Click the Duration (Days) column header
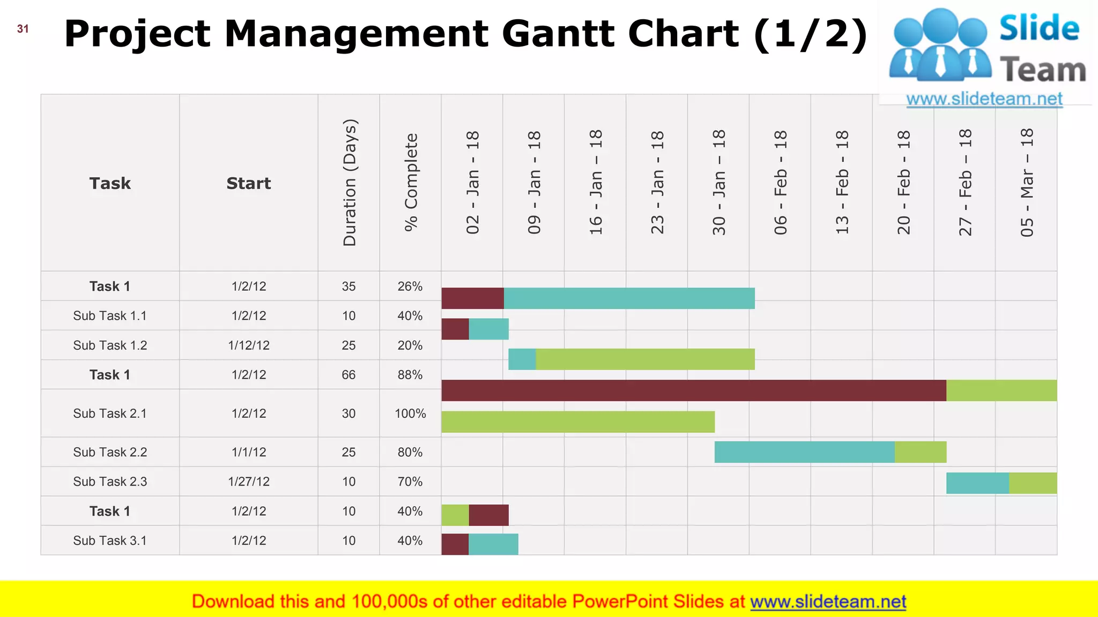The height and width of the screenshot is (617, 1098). point(349,183)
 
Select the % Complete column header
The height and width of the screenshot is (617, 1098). point(411,183)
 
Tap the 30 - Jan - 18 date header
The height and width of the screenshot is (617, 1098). point(718,183)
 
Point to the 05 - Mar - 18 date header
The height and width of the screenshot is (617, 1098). point(1026,183)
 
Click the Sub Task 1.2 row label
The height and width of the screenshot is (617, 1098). point(110,345)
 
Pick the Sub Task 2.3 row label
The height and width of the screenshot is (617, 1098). point(110,482)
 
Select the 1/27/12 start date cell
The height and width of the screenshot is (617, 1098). point(249,482)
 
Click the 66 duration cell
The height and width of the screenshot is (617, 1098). point(348,375)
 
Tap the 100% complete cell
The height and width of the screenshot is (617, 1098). point(410,413)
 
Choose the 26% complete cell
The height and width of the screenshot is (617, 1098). point(410,287)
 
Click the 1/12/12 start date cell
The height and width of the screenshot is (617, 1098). point(249,345)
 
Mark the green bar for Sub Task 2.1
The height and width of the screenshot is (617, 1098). point(578,422)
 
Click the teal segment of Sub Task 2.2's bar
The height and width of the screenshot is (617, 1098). point(804,452)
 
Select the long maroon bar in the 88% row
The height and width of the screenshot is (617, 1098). point(694,390)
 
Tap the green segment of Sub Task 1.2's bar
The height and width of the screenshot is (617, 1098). point(645,359)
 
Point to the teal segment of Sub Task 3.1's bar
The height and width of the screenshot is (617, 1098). point(493,544)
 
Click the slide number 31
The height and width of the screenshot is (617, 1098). point(23,29)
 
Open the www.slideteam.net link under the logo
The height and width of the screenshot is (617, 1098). point(984,99)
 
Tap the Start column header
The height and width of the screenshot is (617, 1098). point(249,183)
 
